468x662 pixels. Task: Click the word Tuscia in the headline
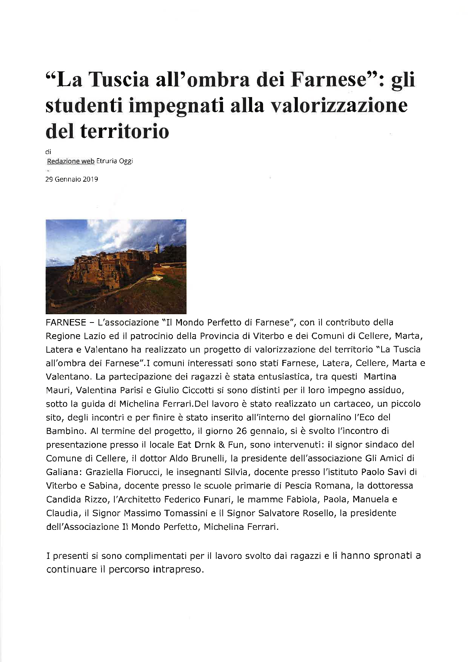(x=121, y=81)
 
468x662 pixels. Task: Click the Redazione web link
(x=71, y=161)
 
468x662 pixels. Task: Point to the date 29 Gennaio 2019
(x=72, y=179)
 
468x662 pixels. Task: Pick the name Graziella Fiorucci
(x=123, y=472)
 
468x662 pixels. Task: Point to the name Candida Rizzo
(x=77, y=499)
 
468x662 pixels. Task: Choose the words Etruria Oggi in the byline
(x=115, y=161)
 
